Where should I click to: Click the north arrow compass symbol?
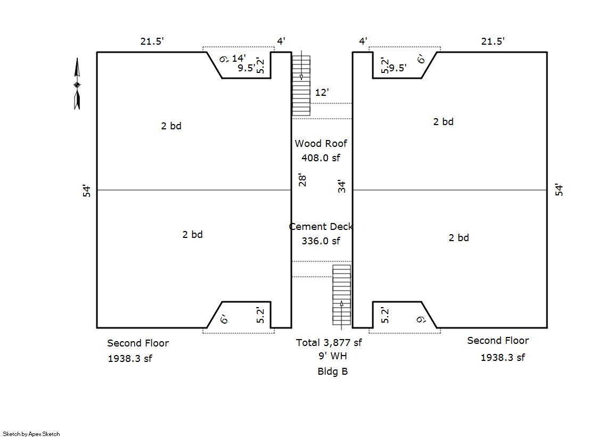77,84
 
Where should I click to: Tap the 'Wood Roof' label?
321,144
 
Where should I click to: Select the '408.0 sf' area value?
321,158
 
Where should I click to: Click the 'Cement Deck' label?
321,227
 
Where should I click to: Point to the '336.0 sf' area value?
321,241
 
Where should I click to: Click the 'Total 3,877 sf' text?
329,343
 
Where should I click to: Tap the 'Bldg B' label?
332,371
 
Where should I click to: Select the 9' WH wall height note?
332,356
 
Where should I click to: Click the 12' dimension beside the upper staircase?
322,92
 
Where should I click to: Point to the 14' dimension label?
239,58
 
